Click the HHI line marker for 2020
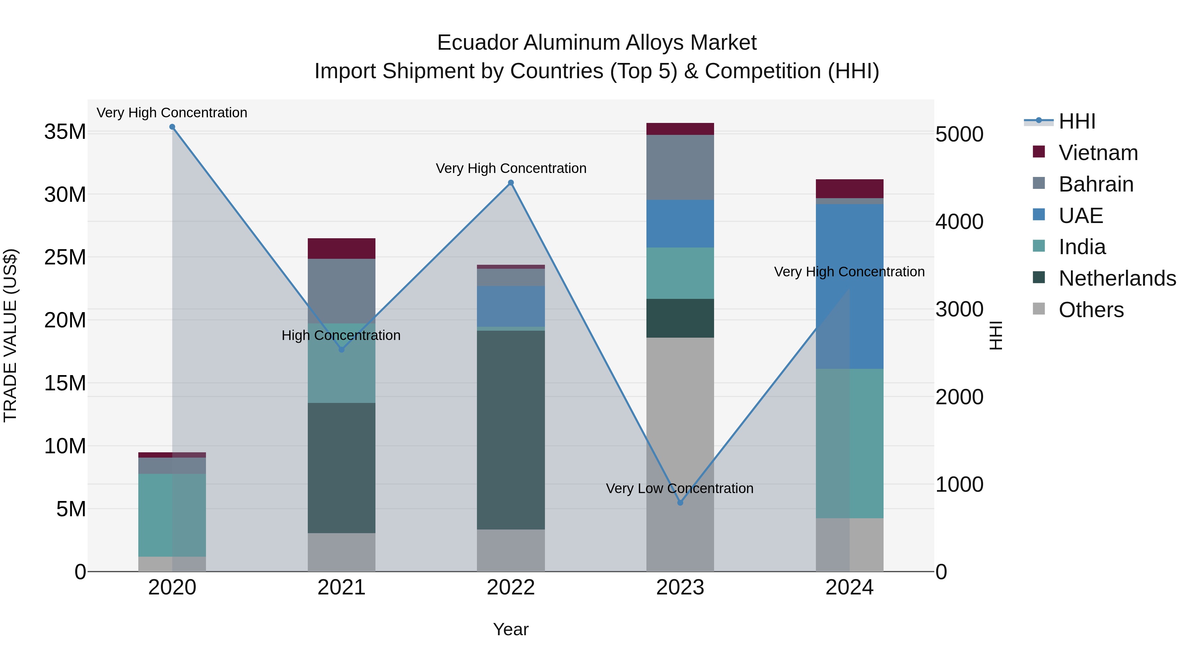[x=172, y=127]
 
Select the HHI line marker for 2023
[x=680, y=502]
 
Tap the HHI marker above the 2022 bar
[x=511, y=183]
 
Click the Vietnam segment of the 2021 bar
[x=341, y=249]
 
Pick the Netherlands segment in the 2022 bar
[x=511, y=430]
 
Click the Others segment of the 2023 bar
[x=680, y=454]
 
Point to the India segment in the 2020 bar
[x=172, y=515]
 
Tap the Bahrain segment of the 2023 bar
[x=680, y=167]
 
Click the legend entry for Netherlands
[x=1117, y=278]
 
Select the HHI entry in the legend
[x=1076, y=121]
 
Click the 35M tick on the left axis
[x=65, y=132]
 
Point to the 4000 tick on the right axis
[x=959, y=222]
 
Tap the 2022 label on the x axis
[x=511, y=587]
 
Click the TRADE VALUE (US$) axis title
[x=11, y=335]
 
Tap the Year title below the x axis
[x=510, y=629]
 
